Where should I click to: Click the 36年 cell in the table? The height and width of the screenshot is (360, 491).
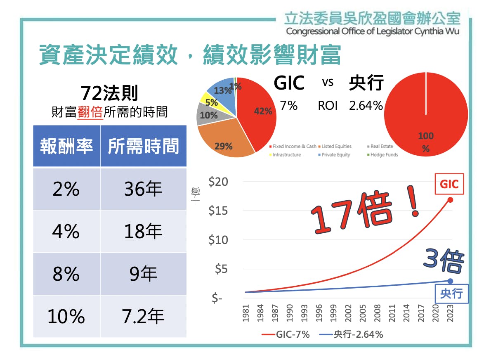coord(143,189)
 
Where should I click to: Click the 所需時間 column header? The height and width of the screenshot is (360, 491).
coord(143,147)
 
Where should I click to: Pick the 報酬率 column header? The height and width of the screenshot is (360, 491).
coord(66,147)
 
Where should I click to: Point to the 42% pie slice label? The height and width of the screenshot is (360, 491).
coord(263,111)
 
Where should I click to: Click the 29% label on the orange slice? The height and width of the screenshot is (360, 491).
coord(223,146)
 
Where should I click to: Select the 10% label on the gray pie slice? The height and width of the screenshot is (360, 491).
coord(208,116)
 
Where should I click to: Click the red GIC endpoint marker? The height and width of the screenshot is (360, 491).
coord(450,200)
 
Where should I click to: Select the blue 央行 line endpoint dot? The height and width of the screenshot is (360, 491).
coord(450,281)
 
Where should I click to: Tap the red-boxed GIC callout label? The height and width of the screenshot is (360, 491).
coord(449,184)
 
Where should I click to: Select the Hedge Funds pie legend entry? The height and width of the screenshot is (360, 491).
coord(384,155)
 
